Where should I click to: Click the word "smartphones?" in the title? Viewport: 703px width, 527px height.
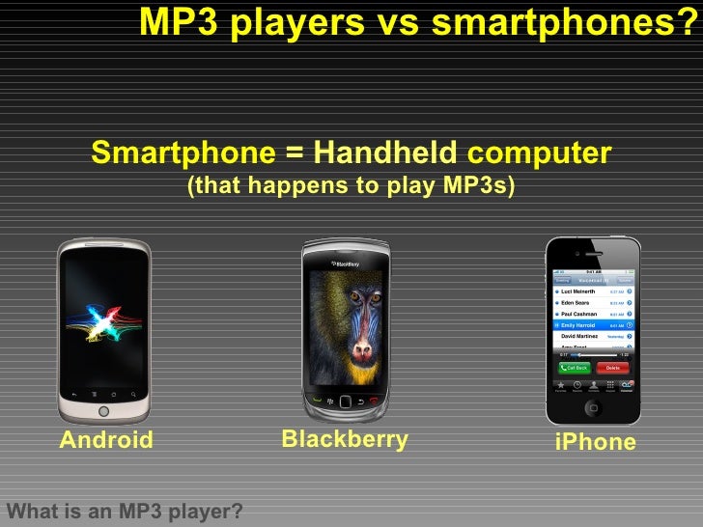pyautogui.click(x=563, y=24)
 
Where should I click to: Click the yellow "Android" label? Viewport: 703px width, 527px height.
pyautogui.click(x=106, y=441)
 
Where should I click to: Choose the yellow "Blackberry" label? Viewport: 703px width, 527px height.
pyautogui.click(x=345, y=440)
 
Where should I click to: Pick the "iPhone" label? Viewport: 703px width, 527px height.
pyautogui.click(x=596, y=442)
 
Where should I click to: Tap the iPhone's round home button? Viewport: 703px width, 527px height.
pyautogui.click(x=593, y=408)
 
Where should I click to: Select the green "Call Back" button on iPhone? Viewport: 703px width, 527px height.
pyautogui.click(x=574, y=368)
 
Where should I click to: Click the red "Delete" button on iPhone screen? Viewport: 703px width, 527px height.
pyautogui.click(x=612, y=368)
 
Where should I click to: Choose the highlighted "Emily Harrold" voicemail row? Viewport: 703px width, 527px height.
pyautogui.click(x=593, y=325)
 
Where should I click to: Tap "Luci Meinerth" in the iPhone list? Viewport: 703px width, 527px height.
pyautogui.click(x=579, y=291)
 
